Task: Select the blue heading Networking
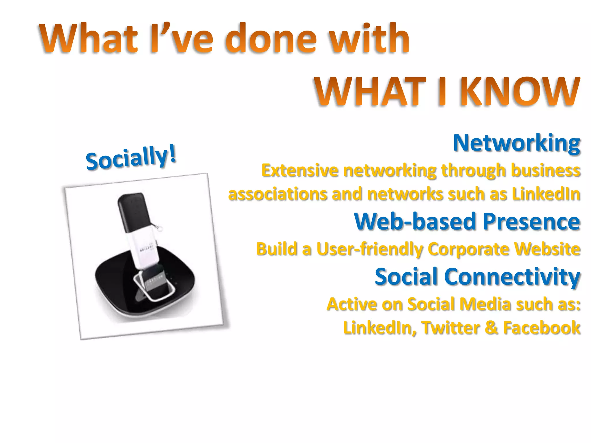coord(517,143)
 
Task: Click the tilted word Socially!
coord(131,157)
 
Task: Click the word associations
coord(277,194)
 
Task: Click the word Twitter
coord(451,328)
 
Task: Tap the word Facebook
coord(542,328)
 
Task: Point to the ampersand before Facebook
coord(491,328)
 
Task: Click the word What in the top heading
coord(88,39)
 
